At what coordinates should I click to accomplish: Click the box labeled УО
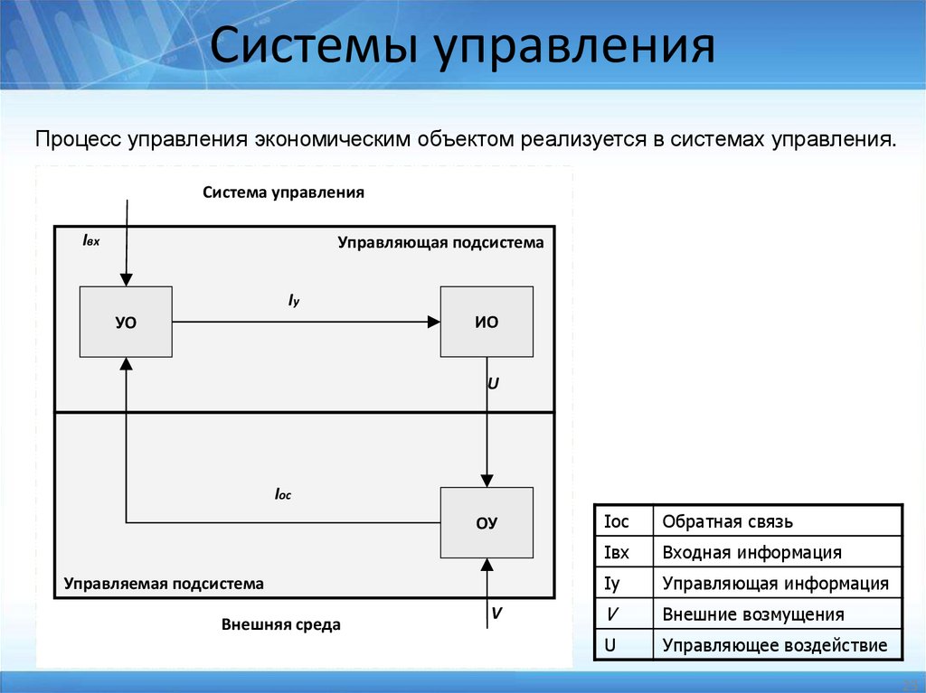coord(126,322)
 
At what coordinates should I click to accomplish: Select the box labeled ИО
coord(487,322)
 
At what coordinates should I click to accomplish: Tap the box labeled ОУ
coord(487,522)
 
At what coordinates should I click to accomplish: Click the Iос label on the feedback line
coord(283,494)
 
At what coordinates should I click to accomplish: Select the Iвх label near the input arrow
coord(90,240)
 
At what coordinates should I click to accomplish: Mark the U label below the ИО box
coord(493,383)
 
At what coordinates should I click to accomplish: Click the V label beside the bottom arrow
coord(496,613)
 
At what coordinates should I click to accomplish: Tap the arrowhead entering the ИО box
coord(433,322)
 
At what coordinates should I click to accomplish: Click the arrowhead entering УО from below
coord(126,362)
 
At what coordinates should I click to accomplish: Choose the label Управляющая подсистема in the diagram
coord(440,242)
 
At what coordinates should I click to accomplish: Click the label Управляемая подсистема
coord(164,584)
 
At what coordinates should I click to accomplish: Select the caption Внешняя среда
coord(280,624)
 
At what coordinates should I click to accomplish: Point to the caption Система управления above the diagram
coord(283,192)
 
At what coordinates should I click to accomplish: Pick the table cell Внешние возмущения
coord(752,614)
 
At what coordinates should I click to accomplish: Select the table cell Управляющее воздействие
coord(775,646)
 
